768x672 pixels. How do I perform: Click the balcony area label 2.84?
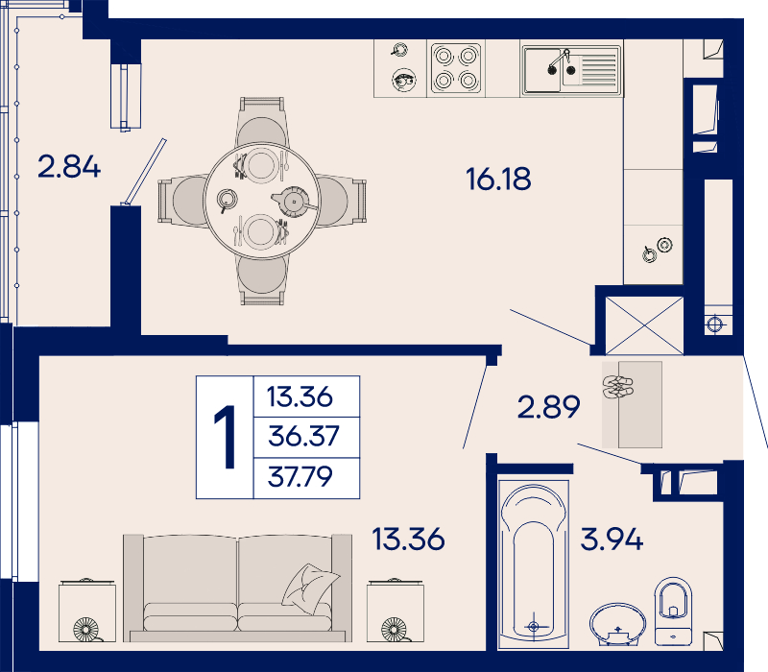click(69, 166)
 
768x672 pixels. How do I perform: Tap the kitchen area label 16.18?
click(498, 179)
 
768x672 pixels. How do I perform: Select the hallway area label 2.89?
click(548, 406)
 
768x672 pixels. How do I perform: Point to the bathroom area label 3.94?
click(612, 539)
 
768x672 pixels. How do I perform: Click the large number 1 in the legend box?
click(226, 437)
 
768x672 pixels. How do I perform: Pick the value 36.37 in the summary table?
click(303, 436)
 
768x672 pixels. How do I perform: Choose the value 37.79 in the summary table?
click(300, 476)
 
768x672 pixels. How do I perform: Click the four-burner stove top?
click(455, 68)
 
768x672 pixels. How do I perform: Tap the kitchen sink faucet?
click(561, 61)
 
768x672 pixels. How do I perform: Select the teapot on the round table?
click(294, 202)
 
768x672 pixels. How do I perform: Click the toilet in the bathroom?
click(674, 612)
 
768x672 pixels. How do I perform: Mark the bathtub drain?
click(534, 626)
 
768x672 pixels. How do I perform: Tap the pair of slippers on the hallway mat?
click(618, 387)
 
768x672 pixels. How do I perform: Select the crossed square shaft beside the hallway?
click(644, 325)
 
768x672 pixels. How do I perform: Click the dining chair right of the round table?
click(342, 202)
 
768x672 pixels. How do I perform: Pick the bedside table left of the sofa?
click(87, 611)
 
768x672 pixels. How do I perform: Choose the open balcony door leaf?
click(145, 172)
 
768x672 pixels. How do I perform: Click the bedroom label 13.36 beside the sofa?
click(409, 539)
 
